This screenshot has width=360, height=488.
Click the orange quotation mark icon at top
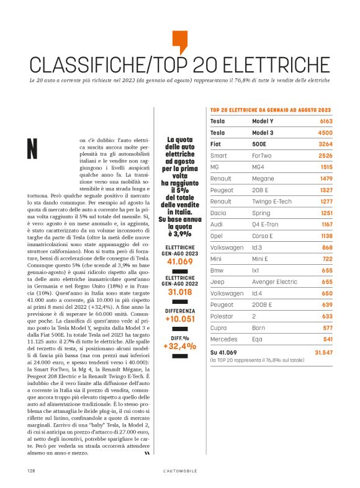click(x=179, y=41)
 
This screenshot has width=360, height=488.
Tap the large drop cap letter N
click(x=33, y=148)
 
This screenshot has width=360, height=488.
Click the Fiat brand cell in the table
click(x=217, y=143)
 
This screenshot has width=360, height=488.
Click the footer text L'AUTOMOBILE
click(x=179, y=471)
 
